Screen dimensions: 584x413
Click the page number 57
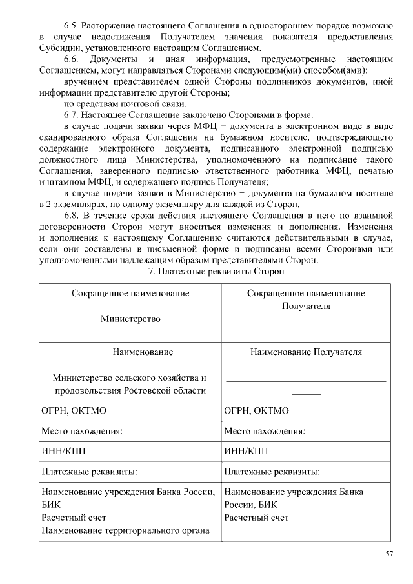(x=389, y=554)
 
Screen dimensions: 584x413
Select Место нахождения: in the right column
(x=265, y=431)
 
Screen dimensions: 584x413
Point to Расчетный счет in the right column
(x=256, y=518)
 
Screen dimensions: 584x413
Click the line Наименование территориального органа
(x=126, y=530)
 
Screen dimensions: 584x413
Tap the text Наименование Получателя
(x=306, y=352)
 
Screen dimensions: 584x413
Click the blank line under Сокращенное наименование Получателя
(x=306, y=334)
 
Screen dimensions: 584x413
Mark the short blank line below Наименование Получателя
(x=306, y=393)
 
